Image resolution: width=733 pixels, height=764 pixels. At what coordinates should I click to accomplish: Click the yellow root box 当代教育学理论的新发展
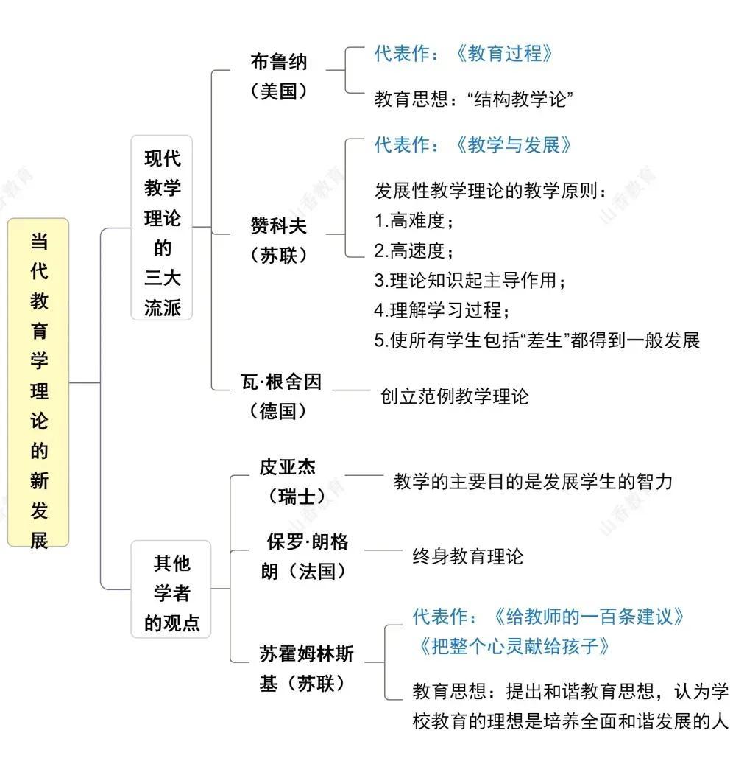(x=38, y=382)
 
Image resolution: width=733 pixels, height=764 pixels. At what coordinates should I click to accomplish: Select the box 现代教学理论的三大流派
(x=162, y=228)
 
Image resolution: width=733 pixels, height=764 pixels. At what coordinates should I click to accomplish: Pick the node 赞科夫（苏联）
(x=278, y=240)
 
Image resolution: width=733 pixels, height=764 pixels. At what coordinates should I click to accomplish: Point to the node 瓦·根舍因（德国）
(x=280, y=396)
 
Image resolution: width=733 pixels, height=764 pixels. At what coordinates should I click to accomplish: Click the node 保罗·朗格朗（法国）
(x=307, y=556)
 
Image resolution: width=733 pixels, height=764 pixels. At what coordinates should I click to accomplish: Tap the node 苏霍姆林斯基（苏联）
(x=306, y=668)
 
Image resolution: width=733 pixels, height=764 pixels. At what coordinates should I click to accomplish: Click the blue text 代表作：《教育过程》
(x=463, y=53)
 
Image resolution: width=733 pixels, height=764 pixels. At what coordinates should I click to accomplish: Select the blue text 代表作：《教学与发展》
(x=472, y=144)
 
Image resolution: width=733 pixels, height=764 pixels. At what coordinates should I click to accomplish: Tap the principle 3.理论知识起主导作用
(x=471, y=281)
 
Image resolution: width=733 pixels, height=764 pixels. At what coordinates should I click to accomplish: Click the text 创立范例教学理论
(x=455, y=396)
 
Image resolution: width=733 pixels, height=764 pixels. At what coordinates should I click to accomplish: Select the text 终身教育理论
(x=468, y=556)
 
